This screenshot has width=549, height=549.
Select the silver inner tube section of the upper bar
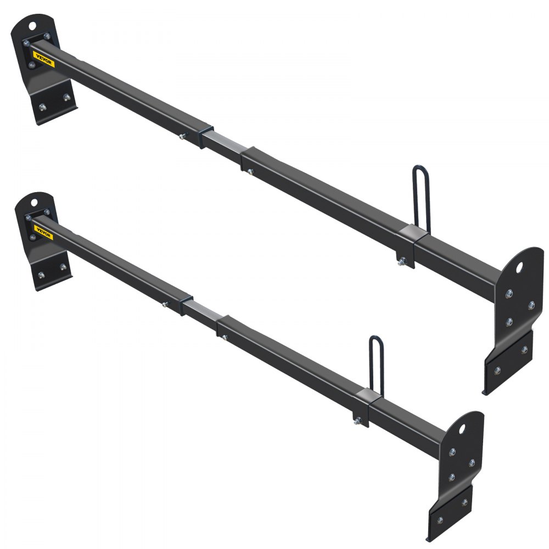tap(225, 144)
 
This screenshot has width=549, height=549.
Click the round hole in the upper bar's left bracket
tap(33, 25)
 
